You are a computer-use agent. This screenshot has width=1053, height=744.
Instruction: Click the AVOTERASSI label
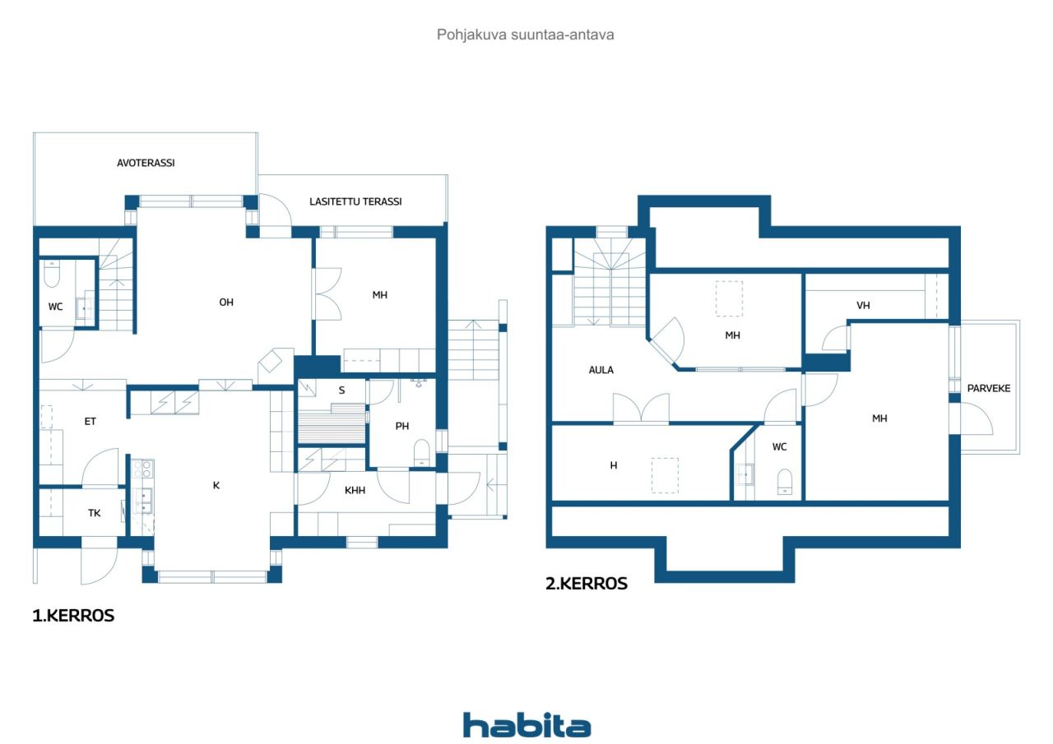click(x=146, y=163)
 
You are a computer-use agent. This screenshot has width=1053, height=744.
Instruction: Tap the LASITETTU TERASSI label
click(x=355, y=201)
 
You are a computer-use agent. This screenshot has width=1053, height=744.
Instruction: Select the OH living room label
click(x=226, y=303)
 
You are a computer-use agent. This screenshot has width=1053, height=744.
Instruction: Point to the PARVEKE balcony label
click(x=989, y=388)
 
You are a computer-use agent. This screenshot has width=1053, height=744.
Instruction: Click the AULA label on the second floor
click(x=601, y=370)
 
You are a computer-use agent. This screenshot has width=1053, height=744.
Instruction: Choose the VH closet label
click(x=863, y=306)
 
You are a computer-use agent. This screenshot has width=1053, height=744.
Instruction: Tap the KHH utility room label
click(x=355, y=490)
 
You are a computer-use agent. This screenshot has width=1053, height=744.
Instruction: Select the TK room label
click(x=95, y=513)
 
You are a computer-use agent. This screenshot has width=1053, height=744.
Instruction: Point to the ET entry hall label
click(x=90, y=422)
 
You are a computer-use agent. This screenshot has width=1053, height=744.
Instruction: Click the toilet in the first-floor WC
click(x=52, y=275)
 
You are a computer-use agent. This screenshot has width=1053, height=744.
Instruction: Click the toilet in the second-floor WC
click(x=785, y=482)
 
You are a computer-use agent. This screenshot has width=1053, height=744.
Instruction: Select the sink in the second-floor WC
click(x=745, y=475)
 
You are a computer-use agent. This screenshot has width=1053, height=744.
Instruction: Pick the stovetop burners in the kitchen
click(x=141, y=469)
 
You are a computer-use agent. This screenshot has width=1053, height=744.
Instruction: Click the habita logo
click(x=526, y=725)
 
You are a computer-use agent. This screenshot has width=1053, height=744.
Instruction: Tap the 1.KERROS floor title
click(x=73, y=616)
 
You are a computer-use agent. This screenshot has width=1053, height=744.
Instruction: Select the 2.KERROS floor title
click(x=587, y=584)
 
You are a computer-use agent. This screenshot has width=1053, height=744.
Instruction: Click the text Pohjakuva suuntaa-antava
click(x=526, y=35)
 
